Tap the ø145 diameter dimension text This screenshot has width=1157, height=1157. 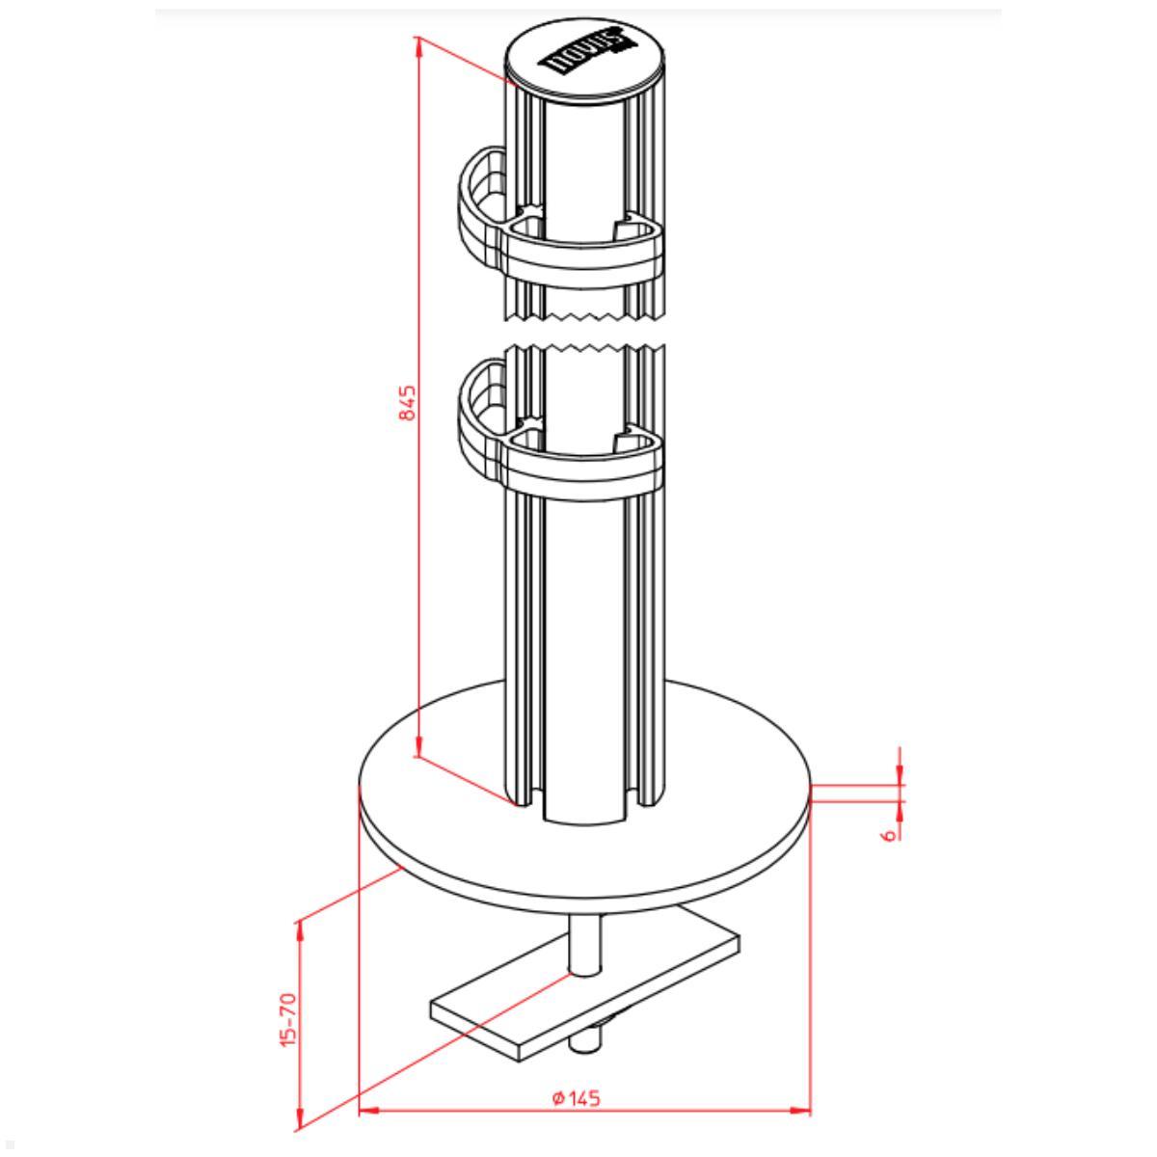point(577,1098)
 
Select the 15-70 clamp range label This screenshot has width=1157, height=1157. point(288,1021)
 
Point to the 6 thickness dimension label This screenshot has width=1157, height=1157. point(888,830)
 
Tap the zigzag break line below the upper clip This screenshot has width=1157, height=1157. point(586,315)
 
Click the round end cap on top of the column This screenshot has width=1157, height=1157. point(586,60)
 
